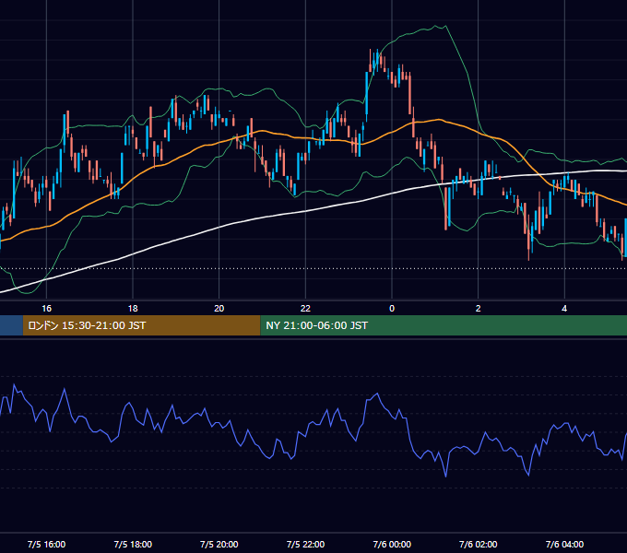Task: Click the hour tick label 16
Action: pos(46,309)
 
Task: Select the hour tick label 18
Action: pos(133,309)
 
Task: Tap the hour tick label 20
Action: pos(219,309)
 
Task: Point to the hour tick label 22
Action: pos(305,309)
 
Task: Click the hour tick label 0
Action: pos(392,309)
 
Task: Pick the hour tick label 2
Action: pos(479,309)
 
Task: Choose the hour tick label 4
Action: pos(564,309)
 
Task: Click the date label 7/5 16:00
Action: pos(46,544)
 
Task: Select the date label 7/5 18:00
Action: pos(133,544)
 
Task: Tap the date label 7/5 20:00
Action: pos(219,544)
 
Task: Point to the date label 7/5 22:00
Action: pos(305,544)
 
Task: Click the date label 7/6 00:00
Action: pos(392,544)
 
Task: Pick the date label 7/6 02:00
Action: pos(479,544)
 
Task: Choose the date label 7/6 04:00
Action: pos(564,544)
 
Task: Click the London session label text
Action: pos(87,325)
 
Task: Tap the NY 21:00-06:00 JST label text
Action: pos(316,325)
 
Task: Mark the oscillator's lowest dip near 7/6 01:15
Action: pos(446,477)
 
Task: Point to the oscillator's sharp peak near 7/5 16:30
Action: pos(64,388)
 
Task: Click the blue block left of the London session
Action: pos(11,325)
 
